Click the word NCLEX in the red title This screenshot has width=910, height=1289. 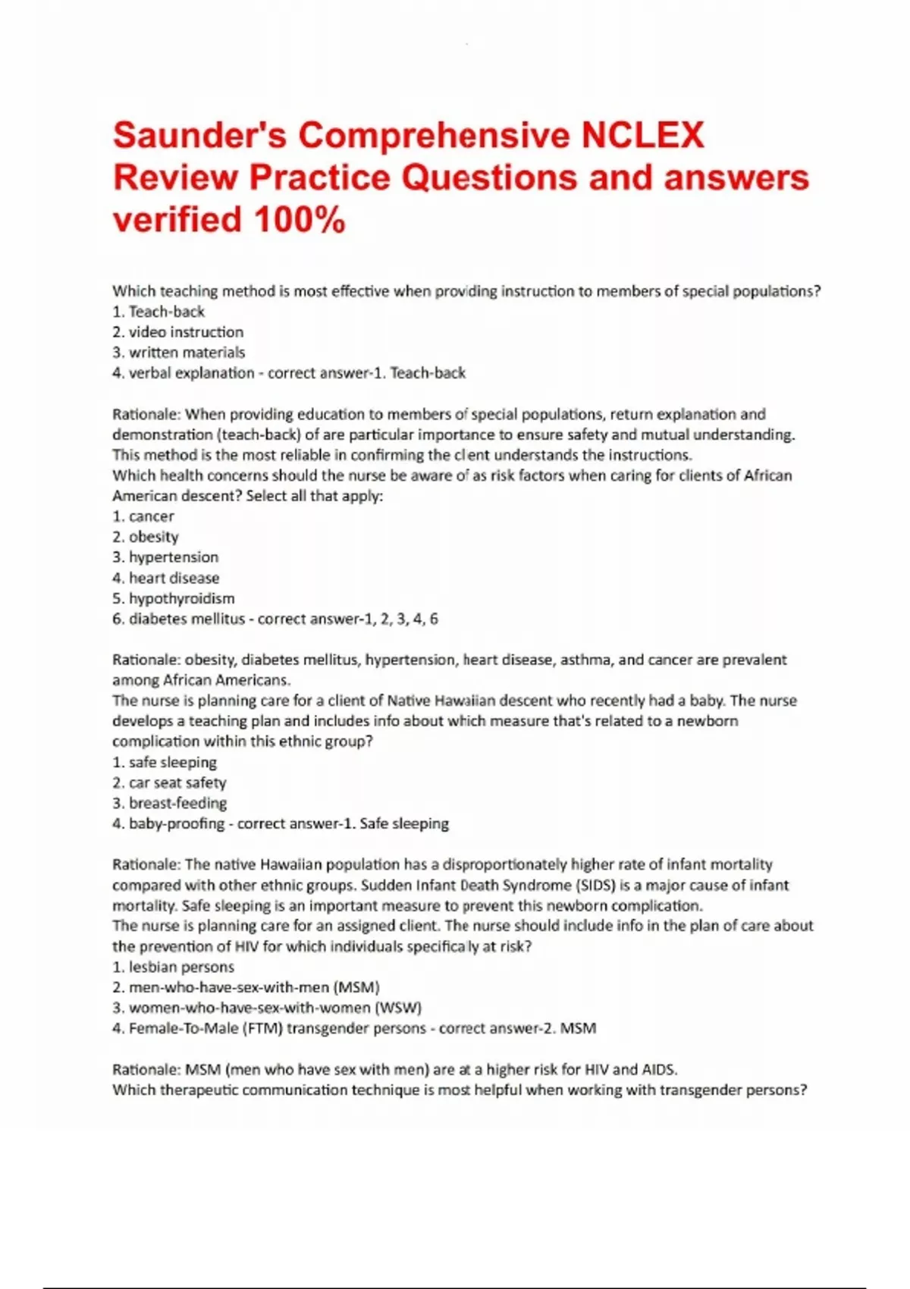pyautogui.click(x=643, y=136)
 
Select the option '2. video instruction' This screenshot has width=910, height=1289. pyautogui.click(x=178, y=332)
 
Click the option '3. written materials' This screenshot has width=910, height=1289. pyautogui.click(x=179, y=353)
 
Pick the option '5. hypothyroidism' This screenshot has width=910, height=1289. pyautogui.click(x=174, y=598)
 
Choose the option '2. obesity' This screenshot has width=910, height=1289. pyautogui.click(x=146, y=537)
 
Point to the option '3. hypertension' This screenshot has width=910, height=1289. pyautogui.click(x=165, y=557)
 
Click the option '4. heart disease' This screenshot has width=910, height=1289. pyautogui.click(x=166, y=578)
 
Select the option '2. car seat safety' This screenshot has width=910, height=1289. pyautogui.click(x=169, y=782)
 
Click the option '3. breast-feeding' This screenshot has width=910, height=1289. pyautogui.click(x=169, y=803)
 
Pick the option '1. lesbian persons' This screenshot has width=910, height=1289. pyautogui.click(x=173, y=967)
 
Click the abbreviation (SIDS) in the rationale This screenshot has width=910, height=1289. pyautogui.click(x=595, y=885)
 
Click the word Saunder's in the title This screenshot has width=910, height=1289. pyautogui.click(x=200, y=136)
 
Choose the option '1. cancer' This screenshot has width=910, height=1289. pyautogui.click(x=143, y=516)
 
